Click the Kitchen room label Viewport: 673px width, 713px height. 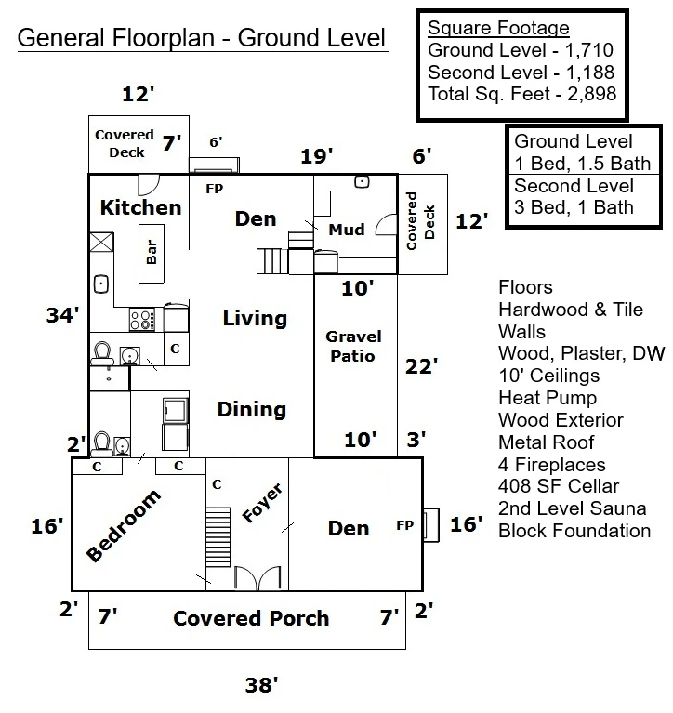(141, 208)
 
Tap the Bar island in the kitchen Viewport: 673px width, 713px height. (152, 253)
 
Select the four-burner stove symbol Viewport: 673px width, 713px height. (142, 319)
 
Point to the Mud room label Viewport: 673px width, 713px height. (347, 230)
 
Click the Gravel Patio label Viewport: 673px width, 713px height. (353, 346)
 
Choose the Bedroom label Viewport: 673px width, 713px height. (124, 525)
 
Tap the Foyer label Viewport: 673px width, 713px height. (262, 503)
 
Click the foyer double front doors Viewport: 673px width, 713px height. (257, 578)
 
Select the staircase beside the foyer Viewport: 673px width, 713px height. (218, 537)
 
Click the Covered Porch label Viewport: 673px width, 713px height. (251, 618)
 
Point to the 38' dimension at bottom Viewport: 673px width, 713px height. (261, 685)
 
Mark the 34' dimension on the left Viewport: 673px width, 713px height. (63, 314)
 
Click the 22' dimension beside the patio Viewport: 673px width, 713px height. (421, 366)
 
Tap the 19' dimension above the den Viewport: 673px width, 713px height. (316, 156)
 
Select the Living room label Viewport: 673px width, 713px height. (255, 318)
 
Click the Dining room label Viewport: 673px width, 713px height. (252, 409)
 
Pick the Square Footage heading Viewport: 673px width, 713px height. (498, 28)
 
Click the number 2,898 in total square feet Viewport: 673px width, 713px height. (591, 94)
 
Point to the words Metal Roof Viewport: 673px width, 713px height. (547, 442)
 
